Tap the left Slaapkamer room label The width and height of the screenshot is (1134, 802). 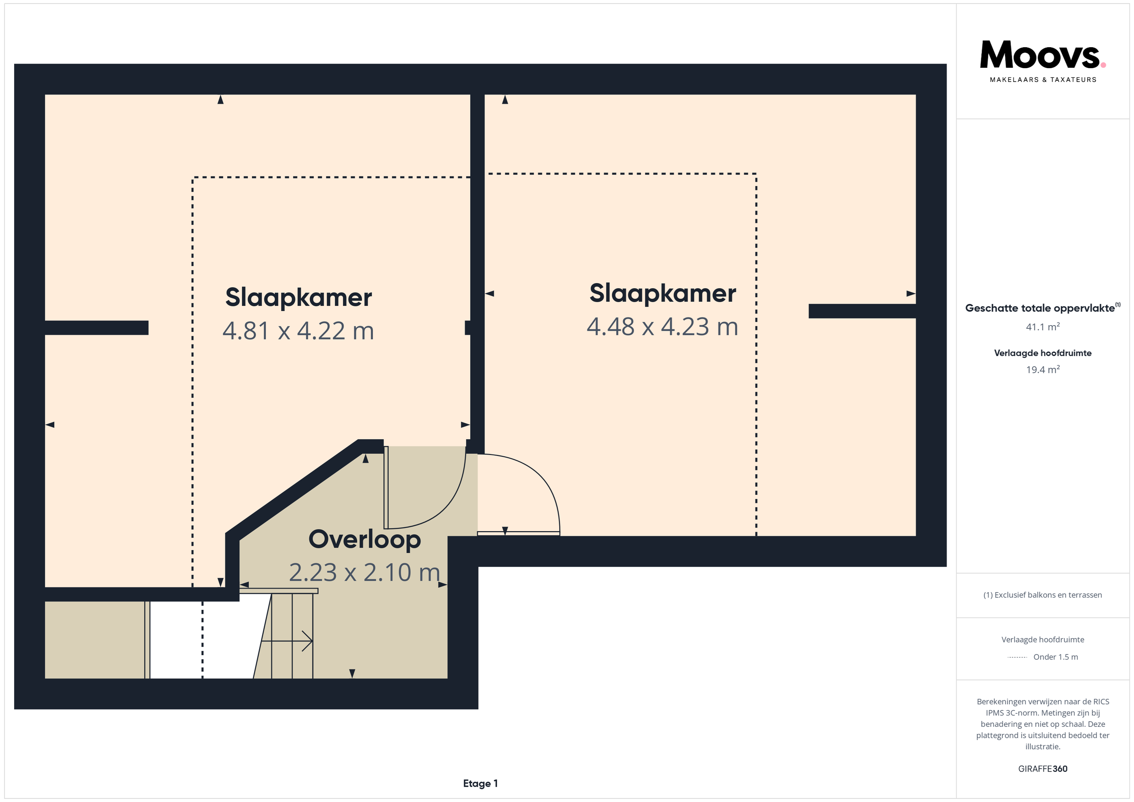click(298, 297)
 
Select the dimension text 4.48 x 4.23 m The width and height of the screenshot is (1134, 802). click(662, 327)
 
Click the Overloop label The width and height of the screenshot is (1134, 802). click(365, 539)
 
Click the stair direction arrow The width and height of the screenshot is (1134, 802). click(287, 641)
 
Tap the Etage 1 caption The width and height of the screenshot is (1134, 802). click(480, 783)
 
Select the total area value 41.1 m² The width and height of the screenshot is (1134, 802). click(1043, 327)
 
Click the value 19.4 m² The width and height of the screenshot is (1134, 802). click(1043, 369)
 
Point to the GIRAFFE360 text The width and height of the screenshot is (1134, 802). click(1043, 769)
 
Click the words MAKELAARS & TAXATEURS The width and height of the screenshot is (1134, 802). click(1043, 80)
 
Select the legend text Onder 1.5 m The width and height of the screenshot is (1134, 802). click(1056, 657)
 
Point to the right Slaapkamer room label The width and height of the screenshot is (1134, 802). click(662, 293)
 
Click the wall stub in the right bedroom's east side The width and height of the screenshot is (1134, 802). click(862, 311)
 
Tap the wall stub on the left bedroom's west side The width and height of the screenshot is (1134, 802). click(97, 328)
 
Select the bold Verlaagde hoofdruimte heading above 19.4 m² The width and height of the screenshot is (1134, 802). click(1043, 353)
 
